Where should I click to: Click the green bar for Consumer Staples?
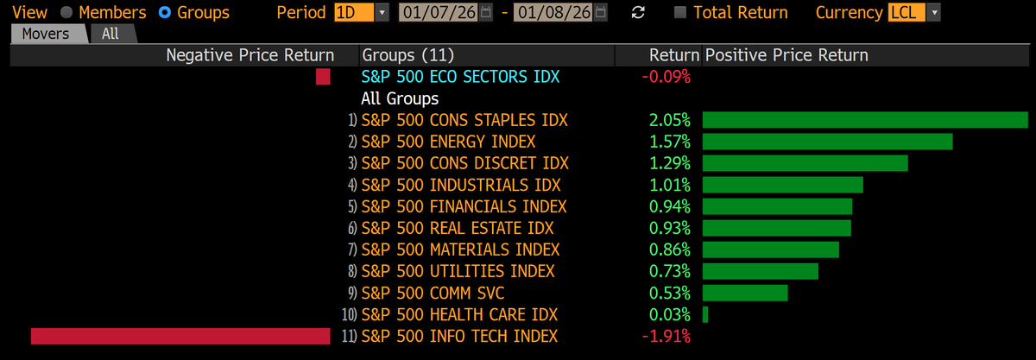[865, 120]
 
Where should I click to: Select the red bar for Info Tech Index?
[180, 336]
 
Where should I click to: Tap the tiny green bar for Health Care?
[705, 314]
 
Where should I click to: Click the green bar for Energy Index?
[827, 142]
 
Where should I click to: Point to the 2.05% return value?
[669, 120]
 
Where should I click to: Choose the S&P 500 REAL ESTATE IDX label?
[458, 228]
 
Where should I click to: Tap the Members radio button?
[66, 13]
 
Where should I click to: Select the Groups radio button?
[165, 13]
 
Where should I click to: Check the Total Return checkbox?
[680, 13]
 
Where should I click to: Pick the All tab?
[111, 34]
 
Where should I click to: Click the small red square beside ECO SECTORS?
[323, 77]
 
